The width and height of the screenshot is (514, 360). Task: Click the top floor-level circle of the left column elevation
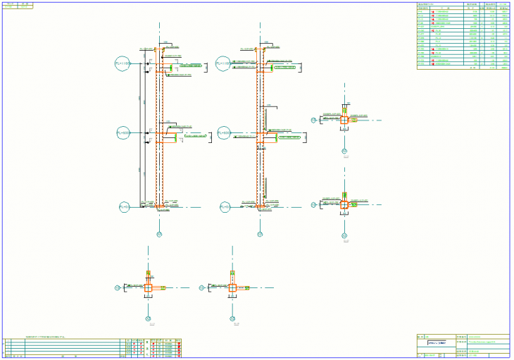coord(123,63)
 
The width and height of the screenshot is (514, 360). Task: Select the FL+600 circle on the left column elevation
coord(123,132)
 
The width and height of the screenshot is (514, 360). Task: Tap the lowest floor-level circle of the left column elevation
coord(125,207)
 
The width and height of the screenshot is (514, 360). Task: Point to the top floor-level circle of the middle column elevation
coord(224,63)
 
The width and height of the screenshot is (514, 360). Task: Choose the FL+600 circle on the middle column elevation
coord(224,132)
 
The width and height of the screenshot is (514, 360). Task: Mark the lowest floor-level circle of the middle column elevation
coord(225,207)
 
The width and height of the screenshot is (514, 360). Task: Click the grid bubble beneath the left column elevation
coord(159,234)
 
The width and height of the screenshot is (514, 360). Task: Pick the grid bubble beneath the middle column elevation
coord(260,234)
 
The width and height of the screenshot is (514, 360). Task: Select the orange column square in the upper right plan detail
coord(344,120)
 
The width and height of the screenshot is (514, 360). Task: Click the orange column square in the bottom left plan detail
coord(148,287)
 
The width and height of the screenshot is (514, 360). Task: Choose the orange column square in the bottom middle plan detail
coord(232,287)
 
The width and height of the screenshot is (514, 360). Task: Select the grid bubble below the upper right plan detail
coord(344,151)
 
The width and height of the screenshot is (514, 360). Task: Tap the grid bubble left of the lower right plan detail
coord(313,204)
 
